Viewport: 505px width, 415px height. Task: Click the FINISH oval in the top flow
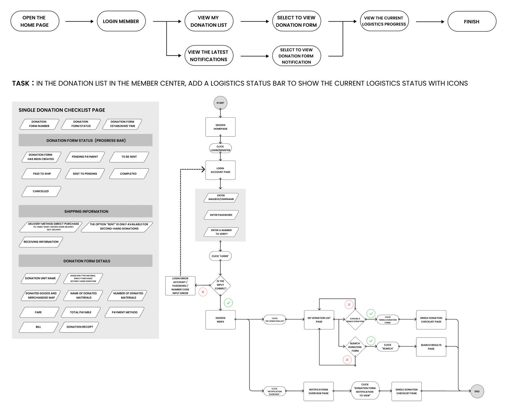pyautogui.click(x=471, y=22)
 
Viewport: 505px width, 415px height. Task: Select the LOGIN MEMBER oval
pyautogui.click(x=121, y=21)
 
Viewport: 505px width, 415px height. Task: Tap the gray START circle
pyautogui.click(x=220, y=103)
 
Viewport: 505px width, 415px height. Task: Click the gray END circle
pyautogui.click(x=477, y=391)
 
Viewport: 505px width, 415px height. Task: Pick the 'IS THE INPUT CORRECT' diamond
pyautogui.click(x=220, y=285)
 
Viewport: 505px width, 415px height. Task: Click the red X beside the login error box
pyautogui.click(x=203, y=292)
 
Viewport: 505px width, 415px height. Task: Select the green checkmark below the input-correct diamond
pyautogui.click(x=228, y=303)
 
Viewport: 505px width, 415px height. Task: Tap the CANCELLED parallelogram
pyautogui.click(x=41, y=191)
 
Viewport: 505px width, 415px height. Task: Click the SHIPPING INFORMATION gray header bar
pyautogui.click(x=86, y=211)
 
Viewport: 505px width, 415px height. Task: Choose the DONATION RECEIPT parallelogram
pyautogui.click(x=80, y=327)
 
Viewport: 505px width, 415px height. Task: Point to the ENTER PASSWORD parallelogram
pyautogui.click(x=221, y=215)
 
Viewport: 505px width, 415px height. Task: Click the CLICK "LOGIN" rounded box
pyautogui.click(x=220, y=256)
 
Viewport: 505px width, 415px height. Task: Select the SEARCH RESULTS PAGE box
pyautogui.click(x=431, y=347)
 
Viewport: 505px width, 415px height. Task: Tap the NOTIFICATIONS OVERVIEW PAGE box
pyautogui.click(x=319, y=391)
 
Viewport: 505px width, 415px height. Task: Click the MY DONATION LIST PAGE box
pyautogui.click(x=319, y=320)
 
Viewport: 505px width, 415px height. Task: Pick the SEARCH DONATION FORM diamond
pyautogui.click(x=355, y=347)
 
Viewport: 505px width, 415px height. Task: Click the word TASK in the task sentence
pyautogui.click(x=21, y=83)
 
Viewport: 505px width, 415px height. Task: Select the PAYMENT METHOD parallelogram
pyautogui.click(x=125, y=312)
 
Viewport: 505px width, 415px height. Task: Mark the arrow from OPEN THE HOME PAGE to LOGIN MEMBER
pyautogui.click(x=79, y=22)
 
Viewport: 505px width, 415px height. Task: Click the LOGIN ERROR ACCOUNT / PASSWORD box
pyautogui.click(x=180, y=286)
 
